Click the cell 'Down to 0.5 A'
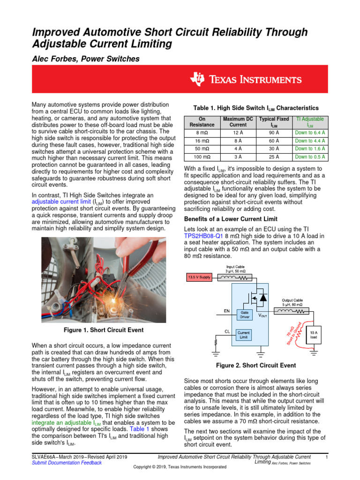pos(310,157)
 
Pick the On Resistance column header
pos(202,122)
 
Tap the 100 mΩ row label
pos(202,157)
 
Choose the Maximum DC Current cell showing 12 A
pos(238,133)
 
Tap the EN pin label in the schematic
pos(226,310)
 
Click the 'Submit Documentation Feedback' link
pos(66,463)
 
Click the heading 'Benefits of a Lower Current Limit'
pos(231,219)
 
